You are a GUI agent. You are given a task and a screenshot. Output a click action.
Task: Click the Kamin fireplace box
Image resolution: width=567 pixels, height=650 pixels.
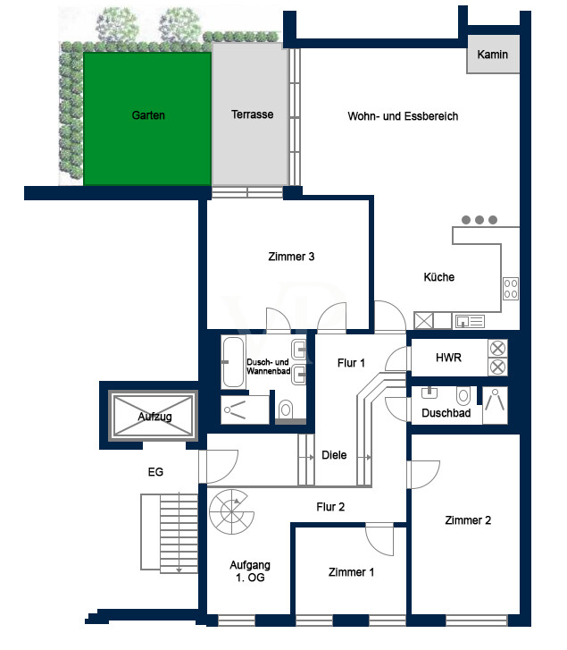point(492,55)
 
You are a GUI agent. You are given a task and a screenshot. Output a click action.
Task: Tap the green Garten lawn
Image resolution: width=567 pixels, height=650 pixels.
point(147,116)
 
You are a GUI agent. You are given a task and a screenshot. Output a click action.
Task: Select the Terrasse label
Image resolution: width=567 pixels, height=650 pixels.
point(252,115)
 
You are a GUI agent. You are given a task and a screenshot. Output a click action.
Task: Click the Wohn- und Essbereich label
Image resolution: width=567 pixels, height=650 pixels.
point(403,116)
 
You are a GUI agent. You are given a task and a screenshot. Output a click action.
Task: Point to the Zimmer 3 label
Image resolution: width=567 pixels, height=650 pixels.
point(290,257)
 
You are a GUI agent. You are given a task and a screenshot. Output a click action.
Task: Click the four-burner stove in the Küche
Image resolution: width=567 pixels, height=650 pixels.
point(511,289)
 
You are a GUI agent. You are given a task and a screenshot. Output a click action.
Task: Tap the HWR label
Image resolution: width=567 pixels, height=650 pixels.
point(447,358)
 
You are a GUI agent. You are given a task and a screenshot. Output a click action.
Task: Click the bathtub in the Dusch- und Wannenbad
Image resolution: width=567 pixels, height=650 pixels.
point(233,362)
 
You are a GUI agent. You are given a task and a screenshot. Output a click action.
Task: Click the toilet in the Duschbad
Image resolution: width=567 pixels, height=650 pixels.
point(463,395)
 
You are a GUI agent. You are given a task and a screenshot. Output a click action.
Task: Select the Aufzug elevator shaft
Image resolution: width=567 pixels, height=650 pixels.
point(154,416)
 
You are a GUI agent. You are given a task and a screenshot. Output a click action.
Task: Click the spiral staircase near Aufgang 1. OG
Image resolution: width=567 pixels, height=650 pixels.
point(232,511)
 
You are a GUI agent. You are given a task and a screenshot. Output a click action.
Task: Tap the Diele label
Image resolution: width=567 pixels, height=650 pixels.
point(334,455)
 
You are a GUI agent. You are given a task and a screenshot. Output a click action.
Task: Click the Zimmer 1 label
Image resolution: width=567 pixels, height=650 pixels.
point(351,572)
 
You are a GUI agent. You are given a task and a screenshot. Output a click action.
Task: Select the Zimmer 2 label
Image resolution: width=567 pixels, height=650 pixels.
point(468,520)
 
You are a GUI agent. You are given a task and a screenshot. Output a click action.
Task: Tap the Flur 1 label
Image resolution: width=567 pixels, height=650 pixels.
point(351,363)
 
